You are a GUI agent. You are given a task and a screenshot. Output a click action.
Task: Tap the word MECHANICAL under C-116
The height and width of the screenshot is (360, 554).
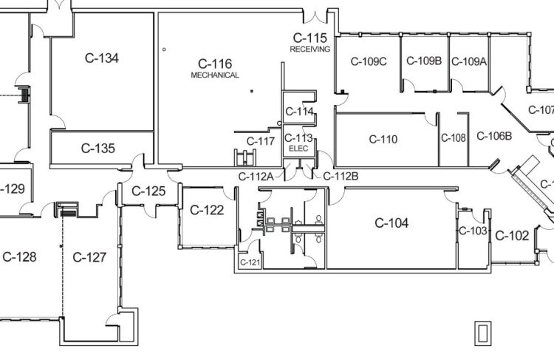point(215,75)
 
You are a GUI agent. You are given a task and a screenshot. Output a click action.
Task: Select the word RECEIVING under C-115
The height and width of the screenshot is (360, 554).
point(310,49)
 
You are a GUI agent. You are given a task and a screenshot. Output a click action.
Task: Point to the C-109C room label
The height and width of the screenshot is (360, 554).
point(368,61)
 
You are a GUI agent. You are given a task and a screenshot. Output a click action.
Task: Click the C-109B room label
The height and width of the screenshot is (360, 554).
point(424,61)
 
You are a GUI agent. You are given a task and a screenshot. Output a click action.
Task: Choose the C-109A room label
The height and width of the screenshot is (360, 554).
point(469,61)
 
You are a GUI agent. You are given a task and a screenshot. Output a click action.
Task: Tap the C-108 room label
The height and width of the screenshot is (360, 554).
point(453,137)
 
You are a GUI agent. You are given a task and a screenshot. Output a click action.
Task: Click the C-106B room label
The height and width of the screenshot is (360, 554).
point(494,135)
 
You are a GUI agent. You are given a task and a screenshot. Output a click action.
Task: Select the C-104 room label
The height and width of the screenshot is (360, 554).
point(391,223)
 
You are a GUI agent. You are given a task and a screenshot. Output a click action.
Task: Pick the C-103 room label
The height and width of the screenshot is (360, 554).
point(473,231)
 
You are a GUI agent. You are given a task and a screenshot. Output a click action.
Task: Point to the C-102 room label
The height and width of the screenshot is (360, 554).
point(511,236)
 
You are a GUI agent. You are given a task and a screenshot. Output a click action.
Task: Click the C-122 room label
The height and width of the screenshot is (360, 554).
point(207,210)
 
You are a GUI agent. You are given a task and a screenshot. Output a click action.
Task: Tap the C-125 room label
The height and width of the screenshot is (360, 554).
point(148,191)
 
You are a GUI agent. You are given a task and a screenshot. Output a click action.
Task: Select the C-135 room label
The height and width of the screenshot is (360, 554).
point(98,148)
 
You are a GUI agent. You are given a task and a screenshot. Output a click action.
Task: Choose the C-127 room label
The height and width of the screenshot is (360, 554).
point(89,257)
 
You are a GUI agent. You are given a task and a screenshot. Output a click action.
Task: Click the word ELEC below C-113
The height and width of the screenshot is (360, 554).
point(298,148)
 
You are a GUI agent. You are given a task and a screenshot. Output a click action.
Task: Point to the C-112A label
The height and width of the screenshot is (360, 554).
point(256,176)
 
